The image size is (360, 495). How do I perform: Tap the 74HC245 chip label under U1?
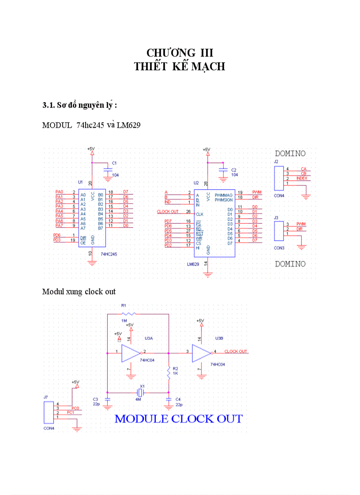point(109,254)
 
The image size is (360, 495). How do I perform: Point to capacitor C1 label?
point(114,163)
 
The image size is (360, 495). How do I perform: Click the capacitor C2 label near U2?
point(234,170)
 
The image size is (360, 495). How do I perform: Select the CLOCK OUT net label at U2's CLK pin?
point(168,212)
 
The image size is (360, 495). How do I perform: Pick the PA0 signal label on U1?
point(60,192)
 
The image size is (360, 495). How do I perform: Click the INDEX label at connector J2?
point(302,179)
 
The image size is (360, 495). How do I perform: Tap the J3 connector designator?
point(276,217)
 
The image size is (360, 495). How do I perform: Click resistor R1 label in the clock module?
point(124,305)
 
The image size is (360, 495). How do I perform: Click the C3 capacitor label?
point(95,398)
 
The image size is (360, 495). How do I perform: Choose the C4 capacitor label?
point(178,398)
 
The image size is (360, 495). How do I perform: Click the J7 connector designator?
point(45,397)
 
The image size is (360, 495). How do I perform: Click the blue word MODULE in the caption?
point(141,419)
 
